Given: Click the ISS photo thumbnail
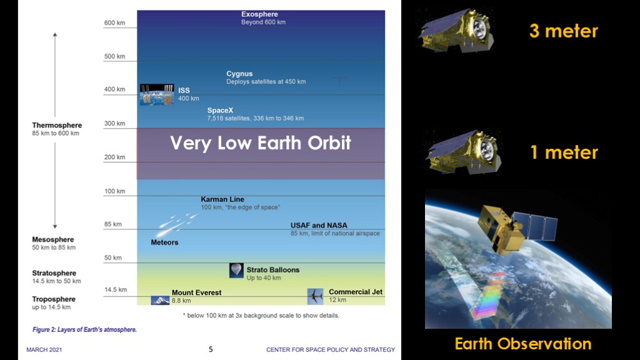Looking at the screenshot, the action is pyautogui.click(x=157, y=95).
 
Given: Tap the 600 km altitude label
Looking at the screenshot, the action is pyautogui.click(x=115, y=23).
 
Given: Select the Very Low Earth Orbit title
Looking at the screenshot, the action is pyautogui.click(x=261, y=143).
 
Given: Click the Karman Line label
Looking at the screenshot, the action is pyautogui.click(x=222, y=199).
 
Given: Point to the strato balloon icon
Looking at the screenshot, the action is pyautogui.click(x=236, y=270).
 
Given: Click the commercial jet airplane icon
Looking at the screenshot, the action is pyautogui.click(x=315, y=296).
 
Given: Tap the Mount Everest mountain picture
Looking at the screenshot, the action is pyautogui.click(x=160, y=301).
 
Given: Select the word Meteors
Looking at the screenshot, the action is pyautogui.click(x=164, y=242).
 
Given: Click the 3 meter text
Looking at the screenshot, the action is pyautogui.click(x=564, y=31).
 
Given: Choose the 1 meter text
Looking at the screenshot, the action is pyautogui.click(x=564, y=152).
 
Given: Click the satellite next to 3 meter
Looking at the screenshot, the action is pyautogui.click(x=457, y=31).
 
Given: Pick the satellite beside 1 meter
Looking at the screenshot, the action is pyautogui.click(x=463, y=152).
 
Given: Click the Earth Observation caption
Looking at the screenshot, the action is pyautogui.click(x=523, y=344).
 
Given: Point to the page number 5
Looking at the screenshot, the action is pyautogui.click(x=211, y=349).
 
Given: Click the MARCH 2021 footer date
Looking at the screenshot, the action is pyautogui.click(x=44, y=350).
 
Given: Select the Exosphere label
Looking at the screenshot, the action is pyautogui.click(x=259, y=14).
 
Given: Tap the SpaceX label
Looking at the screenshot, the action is pyautogui.click(x=220, y=110).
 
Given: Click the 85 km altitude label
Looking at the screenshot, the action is pyautogui.click(x=113, y=224).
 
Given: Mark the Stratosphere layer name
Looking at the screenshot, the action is pyautogui.click(x=54, y=273).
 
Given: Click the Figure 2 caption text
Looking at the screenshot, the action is pyautogui.click(x=84, y=329).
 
